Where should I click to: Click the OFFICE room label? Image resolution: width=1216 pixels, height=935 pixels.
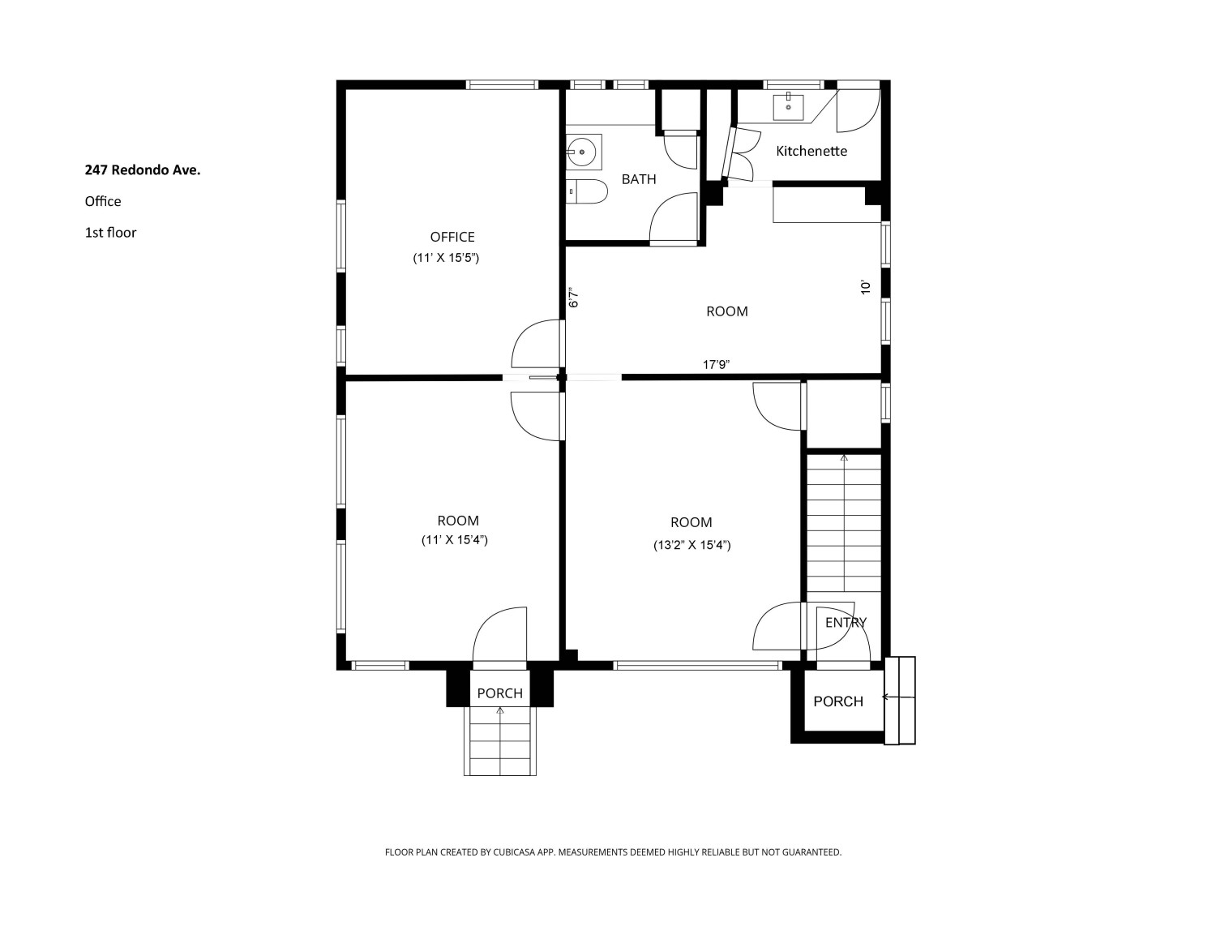pyautogui.click(x=452, y=237)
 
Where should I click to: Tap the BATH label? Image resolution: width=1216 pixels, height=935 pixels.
pyautogui.click(x=639, y=179)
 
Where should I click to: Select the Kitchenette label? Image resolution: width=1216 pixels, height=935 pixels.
pyautogui.click(x=811, y=151)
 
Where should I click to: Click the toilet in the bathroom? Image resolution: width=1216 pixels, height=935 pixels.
pyautogui.click(x=587, y=191)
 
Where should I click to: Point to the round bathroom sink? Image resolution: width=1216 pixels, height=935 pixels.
pyautogui.click(x=582, y=150)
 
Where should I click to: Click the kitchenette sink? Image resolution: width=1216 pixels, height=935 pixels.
pyautogui.click(x=788, y=105)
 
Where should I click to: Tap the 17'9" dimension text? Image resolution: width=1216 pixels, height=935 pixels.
pyautogui.click(x=716, y=365)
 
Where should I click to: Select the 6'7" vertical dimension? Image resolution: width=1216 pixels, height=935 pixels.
pyautogui.click(x=574, y=298)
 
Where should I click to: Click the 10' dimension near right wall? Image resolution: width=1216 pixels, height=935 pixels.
pyautogui.click(x=865, y=286)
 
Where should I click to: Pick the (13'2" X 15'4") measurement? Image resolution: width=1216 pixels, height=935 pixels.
pyautogui.click(x=691, y=546)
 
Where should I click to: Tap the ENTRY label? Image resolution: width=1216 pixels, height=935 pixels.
pyautogui.click(x=846, y=623)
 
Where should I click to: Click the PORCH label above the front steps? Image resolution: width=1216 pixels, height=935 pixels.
pyautogui.click(x=499, y=693)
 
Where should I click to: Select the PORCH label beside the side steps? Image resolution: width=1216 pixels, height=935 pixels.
pyautogui.click(x=837, y=701)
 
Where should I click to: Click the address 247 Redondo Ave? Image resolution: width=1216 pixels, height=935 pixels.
pyautogui.click(x=143, y=170)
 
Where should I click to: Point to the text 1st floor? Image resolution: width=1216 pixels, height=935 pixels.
pyautogui.click(x=110, y=233)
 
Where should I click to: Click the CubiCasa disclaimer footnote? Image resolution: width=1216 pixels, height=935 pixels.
pyautogui.click(x=613, y=852)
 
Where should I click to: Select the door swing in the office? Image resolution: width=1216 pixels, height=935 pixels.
pyautogui.click(x=537, y=345)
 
